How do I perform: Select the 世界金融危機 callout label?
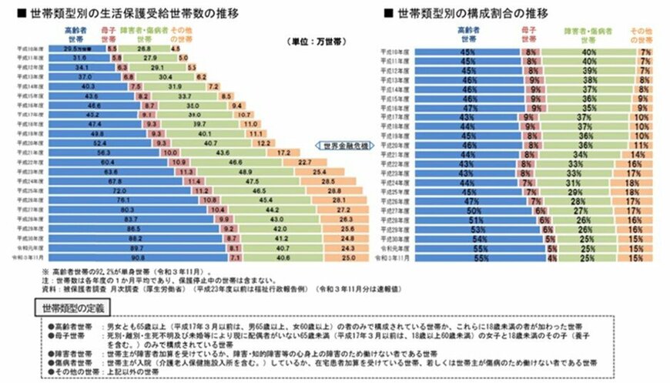coord(343,145)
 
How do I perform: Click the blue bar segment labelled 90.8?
coord(84,258)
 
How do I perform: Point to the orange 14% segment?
coord(640,153)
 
